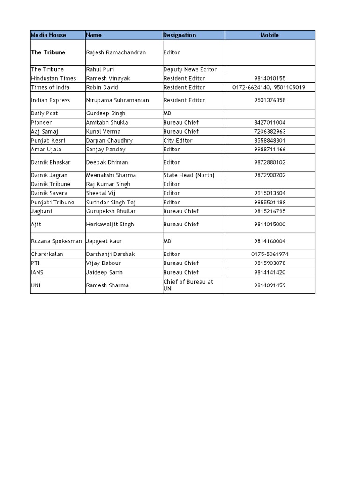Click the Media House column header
(x=49, y=35)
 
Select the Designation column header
(x=180, y=35)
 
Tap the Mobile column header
(x=270, y=35)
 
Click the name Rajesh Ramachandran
(x=116, y=52)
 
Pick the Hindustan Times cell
(x=53, y=78)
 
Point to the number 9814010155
(x=270, y=78)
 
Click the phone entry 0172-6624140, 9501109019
(x=270, y=87)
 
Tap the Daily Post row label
(x=45, y=113)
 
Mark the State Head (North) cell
(x=189, y=175)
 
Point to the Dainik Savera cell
(x=49, y=193)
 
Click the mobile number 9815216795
(x=270, y=211)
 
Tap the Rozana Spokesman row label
(x=56, y=241)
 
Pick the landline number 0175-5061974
(x=270, y=254)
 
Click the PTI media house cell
(x=36, y=263)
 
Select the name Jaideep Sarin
(x=105, y=272)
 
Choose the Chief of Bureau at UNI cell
(x=188, y=285)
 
